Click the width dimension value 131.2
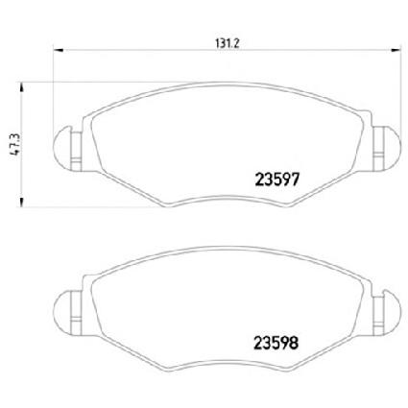click(228, 43)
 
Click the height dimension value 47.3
click(15, 145)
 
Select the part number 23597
click(277, 180)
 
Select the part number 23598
click(276, 343)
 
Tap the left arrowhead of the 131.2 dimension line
click(59, 50)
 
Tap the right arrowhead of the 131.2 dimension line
click(396, 50)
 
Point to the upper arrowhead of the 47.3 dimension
click(21, 87)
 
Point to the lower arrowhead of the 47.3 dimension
click(21, 202)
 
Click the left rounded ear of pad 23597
click(61, 147)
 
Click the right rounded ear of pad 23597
click(392, 147)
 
